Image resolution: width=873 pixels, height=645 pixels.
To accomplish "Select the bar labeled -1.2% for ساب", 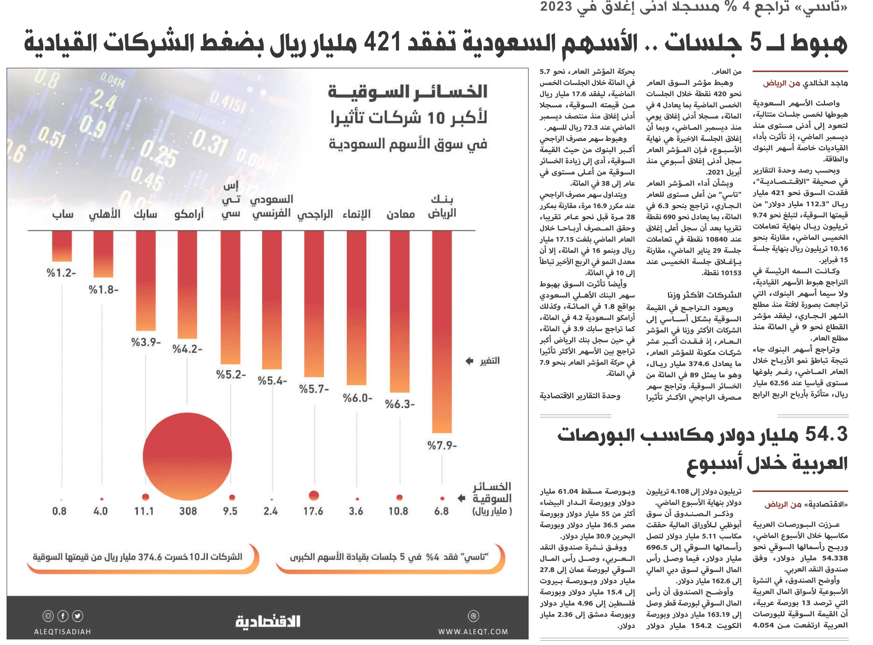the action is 62,246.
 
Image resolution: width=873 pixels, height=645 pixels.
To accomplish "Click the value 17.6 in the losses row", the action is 313,511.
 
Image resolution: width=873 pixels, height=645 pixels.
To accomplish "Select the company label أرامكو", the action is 189,214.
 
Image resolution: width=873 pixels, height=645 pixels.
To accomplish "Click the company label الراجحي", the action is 315,214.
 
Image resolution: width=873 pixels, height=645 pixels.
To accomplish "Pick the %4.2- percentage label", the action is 187,349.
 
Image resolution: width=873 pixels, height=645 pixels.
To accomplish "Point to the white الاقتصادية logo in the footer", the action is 268,621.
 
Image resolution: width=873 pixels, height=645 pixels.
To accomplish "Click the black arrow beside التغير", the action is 470,361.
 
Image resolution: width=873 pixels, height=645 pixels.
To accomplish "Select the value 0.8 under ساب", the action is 59,511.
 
